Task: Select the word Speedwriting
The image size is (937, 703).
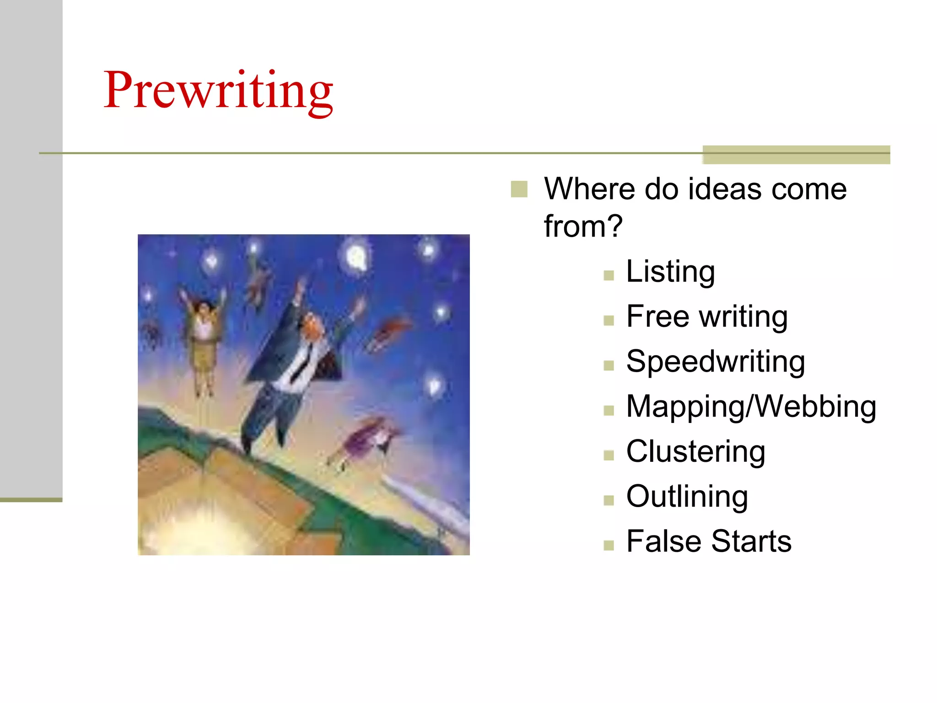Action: click(716, 362)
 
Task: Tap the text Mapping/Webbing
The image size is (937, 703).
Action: click(751, 406)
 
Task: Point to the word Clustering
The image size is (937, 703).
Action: click(695, 451)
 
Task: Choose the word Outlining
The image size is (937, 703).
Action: click(687, 496)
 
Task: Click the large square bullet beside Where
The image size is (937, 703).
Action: click(519, 189)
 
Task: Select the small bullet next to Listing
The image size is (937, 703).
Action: click(609, 275)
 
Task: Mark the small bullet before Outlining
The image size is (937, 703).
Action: click(609, 500)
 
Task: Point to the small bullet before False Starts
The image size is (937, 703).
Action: click(609, 545)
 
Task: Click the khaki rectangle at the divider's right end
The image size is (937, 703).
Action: click(796, 155)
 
